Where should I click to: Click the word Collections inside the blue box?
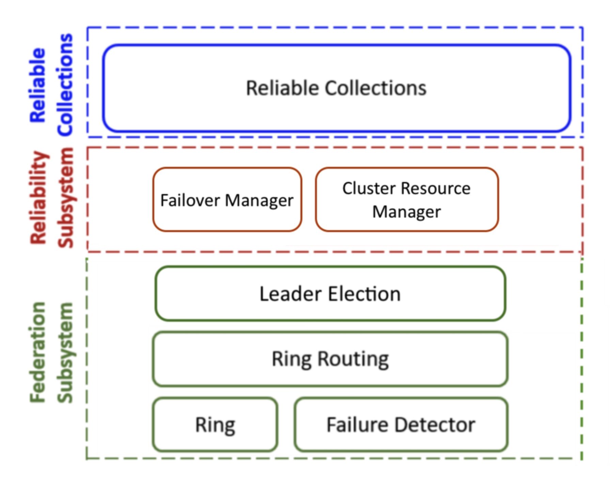[375, 88]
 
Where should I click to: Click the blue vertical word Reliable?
[37, 85]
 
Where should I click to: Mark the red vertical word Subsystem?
[65, 198]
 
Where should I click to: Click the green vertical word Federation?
[37, 353]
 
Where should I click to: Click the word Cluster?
[364, 188]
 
